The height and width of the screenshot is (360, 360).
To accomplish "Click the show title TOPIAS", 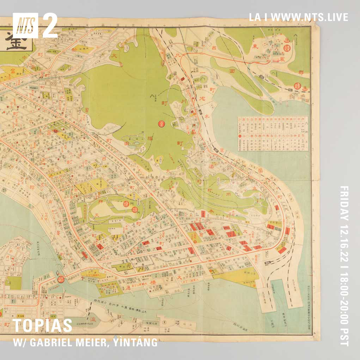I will click(42, 327).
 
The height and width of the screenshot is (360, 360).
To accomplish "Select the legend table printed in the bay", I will click(272, 134).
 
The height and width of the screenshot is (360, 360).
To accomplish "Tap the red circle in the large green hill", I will click(161, 124).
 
